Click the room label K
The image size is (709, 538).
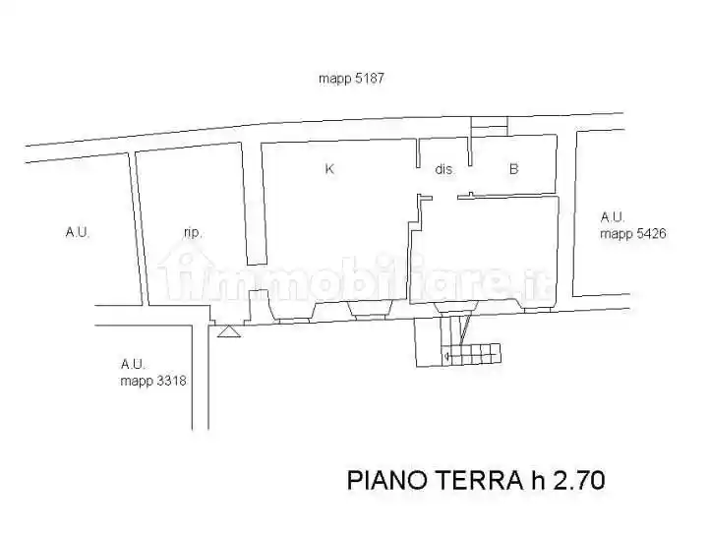click(x=329, y=169)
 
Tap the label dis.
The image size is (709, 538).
click(x=443, y=169)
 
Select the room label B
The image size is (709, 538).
click(x=513, y=169)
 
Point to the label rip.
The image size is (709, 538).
click(x=193, y=232)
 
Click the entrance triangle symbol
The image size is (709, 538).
click(x=228, y=332)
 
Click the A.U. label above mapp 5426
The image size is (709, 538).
click(x=614, y=217)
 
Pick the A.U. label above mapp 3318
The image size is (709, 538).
click(x=133, y=364)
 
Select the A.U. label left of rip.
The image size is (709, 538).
click(x=78, y=232)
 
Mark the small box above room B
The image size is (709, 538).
click(x=489, y=127)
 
